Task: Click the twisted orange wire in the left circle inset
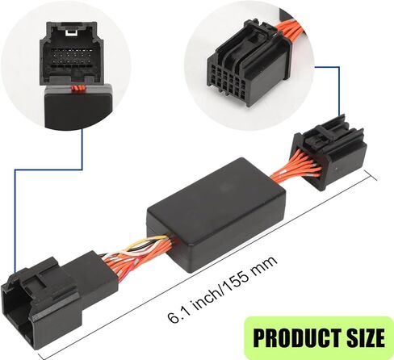click(x=78, y=88)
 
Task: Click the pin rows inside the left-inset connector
click(x=70, y=58)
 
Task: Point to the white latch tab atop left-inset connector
click(x=71, y=32)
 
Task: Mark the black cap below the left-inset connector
click(x=78, y=107)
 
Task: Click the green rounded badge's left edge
click(x=245, y=337)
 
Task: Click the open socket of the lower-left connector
click(x=16, y=317)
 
